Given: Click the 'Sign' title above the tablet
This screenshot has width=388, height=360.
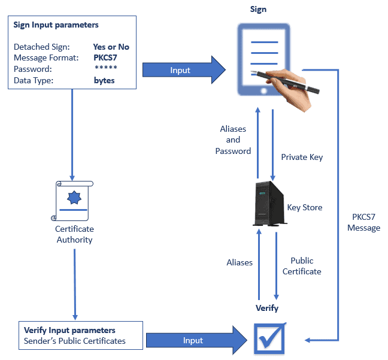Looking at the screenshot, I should [x=258, y=9].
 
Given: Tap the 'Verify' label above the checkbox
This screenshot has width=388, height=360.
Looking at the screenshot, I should [x=267, y=308].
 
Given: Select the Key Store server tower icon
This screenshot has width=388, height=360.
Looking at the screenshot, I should [x=268, y=204].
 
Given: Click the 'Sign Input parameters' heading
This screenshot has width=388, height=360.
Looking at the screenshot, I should [x=56, y=25].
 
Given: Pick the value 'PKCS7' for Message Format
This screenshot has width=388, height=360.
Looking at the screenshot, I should [x=105, y=58].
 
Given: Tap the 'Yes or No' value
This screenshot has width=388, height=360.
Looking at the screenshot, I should [x=111, y=47].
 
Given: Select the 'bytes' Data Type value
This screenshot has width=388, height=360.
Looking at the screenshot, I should [x=104, y=80].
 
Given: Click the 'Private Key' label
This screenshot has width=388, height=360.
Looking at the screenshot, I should [x=302, y=157].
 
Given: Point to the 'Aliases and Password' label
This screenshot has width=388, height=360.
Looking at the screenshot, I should [x=233, y=140].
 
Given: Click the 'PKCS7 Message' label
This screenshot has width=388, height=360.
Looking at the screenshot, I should [x=363, y=223].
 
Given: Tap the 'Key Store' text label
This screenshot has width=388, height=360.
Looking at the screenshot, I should [x=305, y=207].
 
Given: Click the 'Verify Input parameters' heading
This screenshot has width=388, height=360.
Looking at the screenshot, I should [x=69, y=330].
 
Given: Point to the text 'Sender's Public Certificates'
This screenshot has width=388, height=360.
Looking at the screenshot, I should [x=75, y=341].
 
